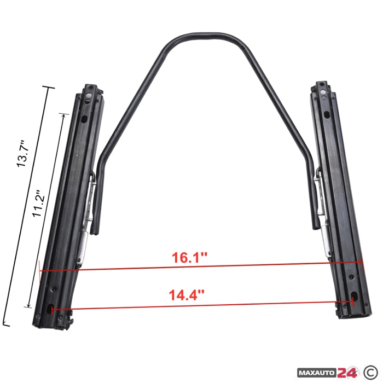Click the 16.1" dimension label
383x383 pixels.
tap(189, 258)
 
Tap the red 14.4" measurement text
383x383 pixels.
tap(187, 295)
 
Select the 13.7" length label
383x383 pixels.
tap(23, 154)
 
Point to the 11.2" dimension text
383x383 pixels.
tap(39, 203)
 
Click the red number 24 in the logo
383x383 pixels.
tap(347, 372)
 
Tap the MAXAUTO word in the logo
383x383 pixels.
tap(317, 373)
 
